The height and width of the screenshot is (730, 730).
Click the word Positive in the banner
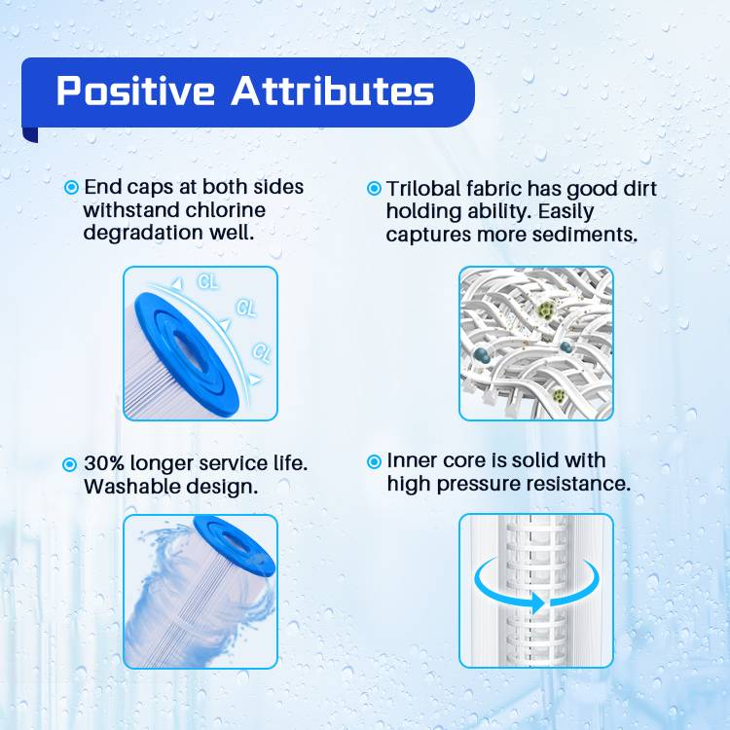[135, 91]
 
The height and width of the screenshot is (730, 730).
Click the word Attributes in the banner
[333, 91]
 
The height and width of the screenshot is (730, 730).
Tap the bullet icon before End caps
[71, 187]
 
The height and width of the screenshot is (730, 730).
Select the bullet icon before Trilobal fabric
[374, 188]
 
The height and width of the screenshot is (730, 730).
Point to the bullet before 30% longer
[69, 464]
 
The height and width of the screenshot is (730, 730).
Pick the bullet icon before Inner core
[374, 461]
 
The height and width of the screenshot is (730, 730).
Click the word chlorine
[226, 209]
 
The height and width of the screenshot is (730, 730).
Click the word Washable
[131, 487]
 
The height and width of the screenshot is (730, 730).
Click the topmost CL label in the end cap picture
[207, 281]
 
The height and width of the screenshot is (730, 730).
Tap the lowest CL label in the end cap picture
[261, 352]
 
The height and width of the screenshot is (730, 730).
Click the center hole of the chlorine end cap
[190, 350]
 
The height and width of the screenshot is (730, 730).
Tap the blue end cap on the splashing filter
[235, 545]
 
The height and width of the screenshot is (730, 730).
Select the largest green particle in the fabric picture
[546, 309]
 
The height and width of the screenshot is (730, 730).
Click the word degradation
[143, 233]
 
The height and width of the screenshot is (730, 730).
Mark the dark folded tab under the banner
[30, 134]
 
